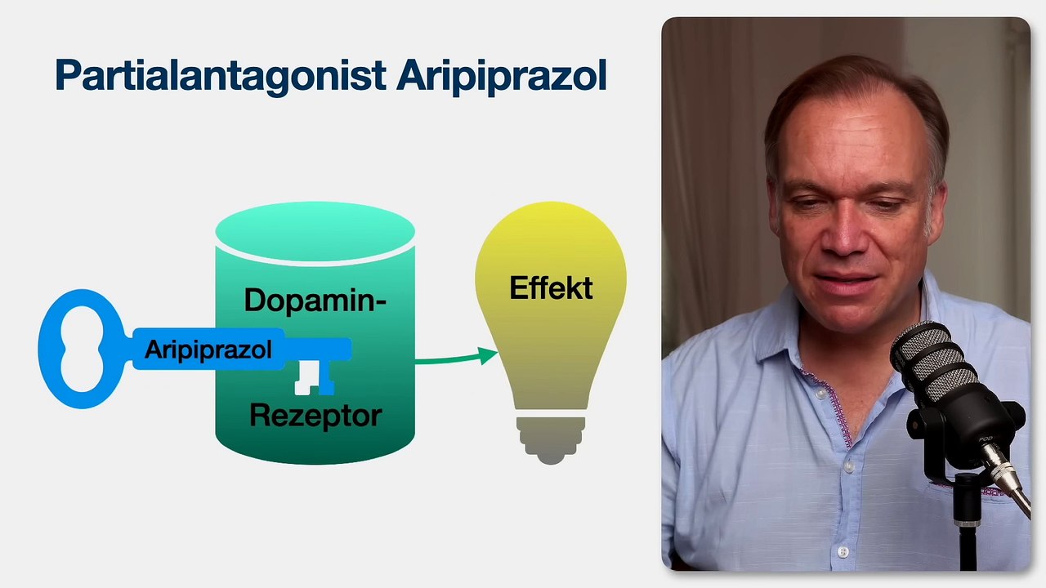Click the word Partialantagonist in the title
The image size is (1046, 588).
coord(220,76)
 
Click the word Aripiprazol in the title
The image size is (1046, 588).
coord(501,76)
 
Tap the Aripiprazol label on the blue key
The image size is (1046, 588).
coord(208,350)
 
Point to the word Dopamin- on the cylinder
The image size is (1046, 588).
coord(315,301)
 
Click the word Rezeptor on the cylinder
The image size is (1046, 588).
coord(315,416)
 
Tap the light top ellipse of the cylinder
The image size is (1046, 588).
coord(315,232)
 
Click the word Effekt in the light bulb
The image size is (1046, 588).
coord(551,288)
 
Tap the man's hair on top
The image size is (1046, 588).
coord(850,78)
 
